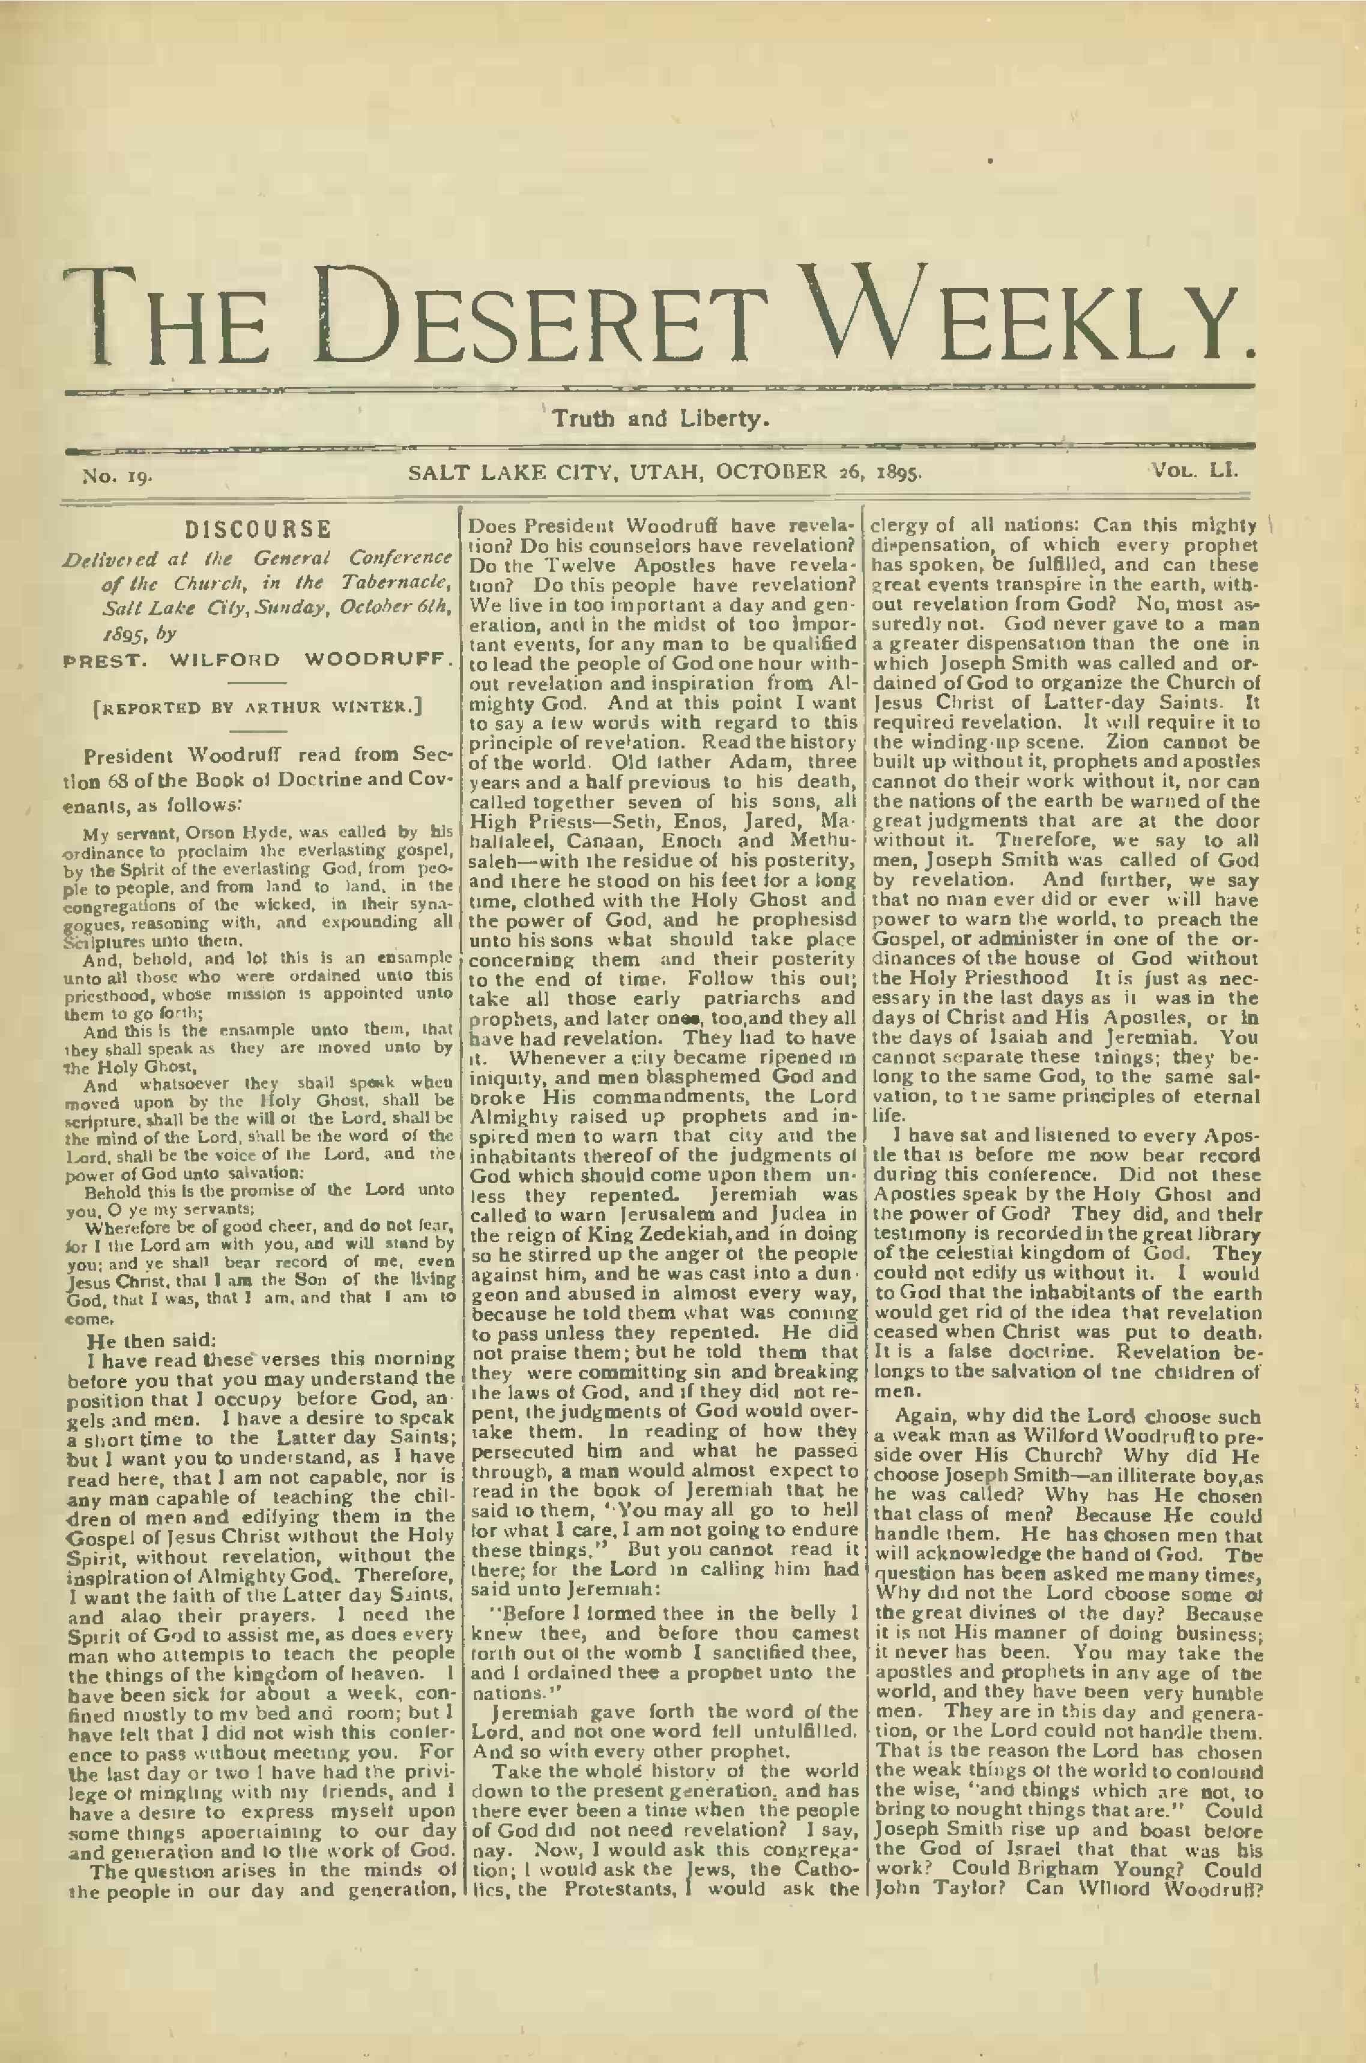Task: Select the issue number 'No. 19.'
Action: tap(118, 477)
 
